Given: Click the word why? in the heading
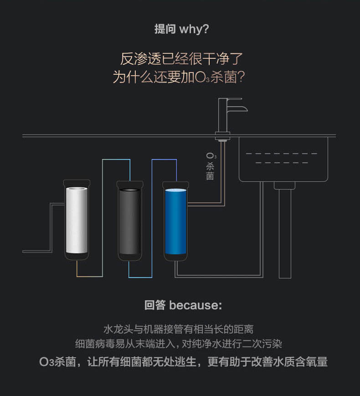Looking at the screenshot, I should pos(194,29).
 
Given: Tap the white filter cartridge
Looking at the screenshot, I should pos(77,221).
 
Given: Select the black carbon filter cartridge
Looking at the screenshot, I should pos(130,221).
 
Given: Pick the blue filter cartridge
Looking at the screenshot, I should pos(175,221).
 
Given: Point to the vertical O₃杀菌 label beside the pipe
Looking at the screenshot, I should pos(210,167).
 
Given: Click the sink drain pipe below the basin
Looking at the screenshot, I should pos(285,232).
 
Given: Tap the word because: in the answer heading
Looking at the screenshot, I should pos(195,305).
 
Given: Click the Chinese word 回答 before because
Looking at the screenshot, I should pos(155,305).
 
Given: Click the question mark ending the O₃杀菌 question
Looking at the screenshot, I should pos(242,77).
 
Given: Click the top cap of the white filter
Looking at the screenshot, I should pos(77,183).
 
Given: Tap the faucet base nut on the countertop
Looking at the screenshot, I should pos(222,135).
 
